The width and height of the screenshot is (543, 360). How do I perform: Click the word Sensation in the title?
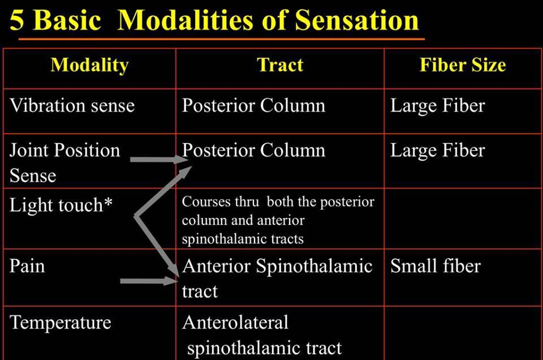click(357, 20)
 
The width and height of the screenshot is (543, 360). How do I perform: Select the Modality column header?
click(89, 65)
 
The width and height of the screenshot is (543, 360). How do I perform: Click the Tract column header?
click(280, 65)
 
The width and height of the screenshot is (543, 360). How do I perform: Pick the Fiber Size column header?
click(462, 65)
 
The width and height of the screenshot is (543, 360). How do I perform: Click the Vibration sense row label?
click(72, 106)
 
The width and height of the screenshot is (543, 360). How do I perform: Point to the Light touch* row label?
click(61, 205)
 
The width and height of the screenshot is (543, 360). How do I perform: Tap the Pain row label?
click(27, 266)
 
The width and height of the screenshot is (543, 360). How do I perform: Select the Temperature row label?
click(61, 323)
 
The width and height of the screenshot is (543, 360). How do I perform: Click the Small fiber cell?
click(435, 266)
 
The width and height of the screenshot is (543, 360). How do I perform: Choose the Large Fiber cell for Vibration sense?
click(437, 106)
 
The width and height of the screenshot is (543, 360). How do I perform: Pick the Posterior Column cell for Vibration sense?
click(253, 106)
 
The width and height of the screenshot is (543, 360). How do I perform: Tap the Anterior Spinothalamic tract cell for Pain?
click(277, 277)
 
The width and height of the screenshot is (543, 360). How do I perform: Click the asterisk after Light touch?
click(108, 202)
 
